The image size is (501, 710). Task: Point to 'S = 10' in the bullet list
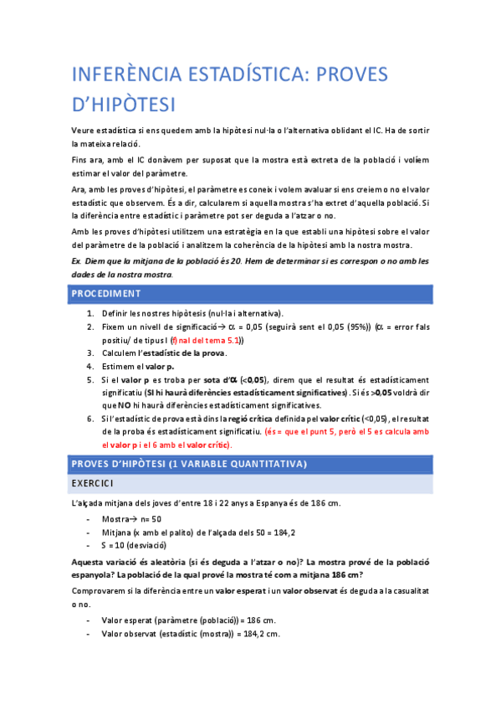(x=115, y=545)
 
